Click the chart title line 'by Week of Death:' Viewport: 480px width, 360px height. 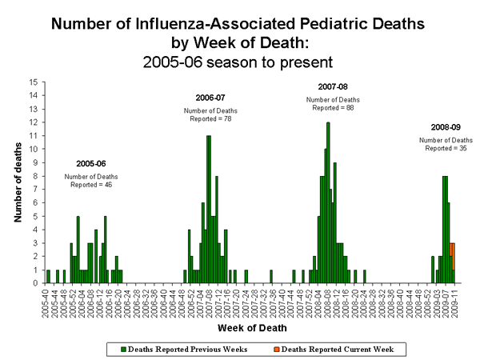pos(240,42)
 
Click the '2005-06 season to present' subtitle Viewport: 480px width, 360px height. pos(240,60)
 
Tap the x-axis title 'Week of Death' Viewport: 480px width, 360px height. pos(250,326)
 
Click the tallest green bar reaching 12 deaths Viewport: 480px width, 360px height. pos(328,200)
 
